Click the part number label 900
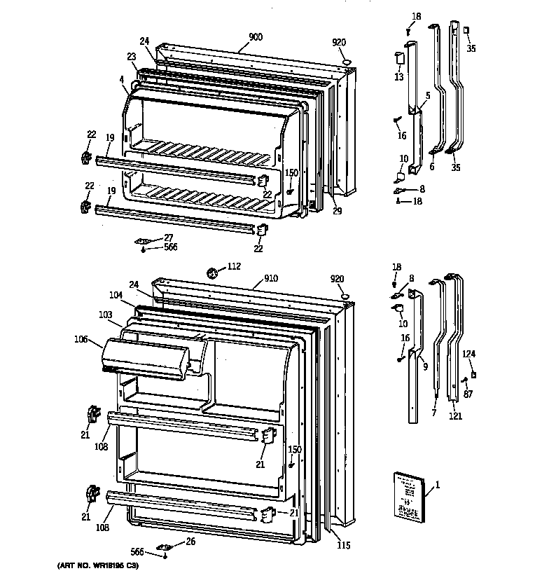pos(256,36)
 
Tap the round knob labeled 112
pos(213,270)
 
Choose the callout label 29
pos(337,211)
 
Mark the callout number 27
pos(167,238)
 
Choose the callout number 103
pos(106,315)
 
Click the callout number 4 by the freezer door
pos(122,79)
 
